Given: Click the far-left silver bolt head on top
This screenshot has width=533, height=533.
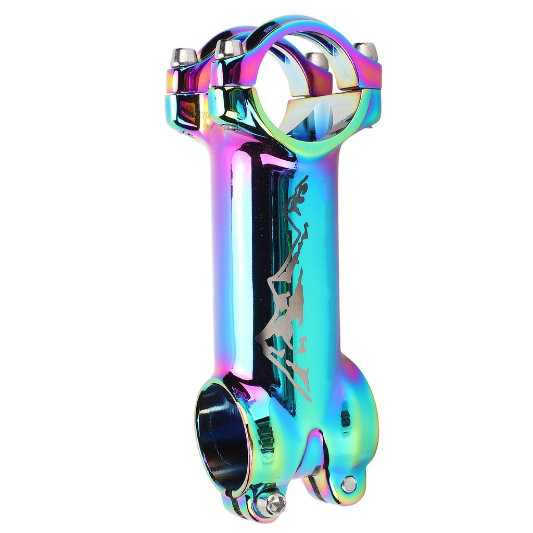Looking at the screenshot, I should coord(184,56).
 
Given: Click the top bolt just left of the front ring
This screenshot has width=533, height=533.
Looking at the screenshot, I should coord(229,49).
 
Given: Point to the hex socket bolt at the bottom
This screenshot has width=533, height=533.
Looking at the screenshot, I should coord(274,503).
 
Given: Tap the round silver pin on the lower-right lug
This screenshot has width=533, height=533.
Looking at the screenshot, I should coord(349,484).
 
